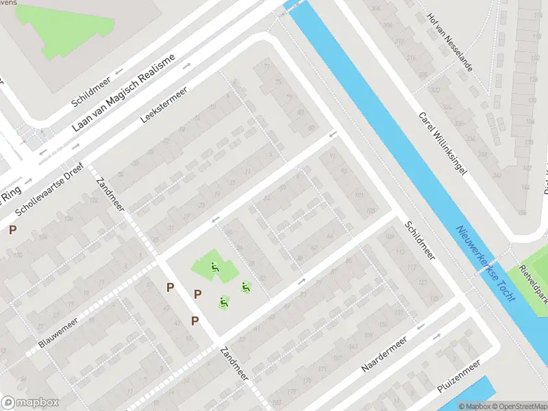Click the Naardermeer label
384,354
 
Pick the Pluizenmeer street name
459,378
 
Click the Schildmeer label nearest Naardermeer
419,240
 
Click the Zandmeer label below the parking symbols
234,364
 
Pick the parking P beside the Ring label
12,230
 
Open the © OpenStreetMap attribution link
518,406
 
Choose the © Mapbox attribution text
474,406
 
